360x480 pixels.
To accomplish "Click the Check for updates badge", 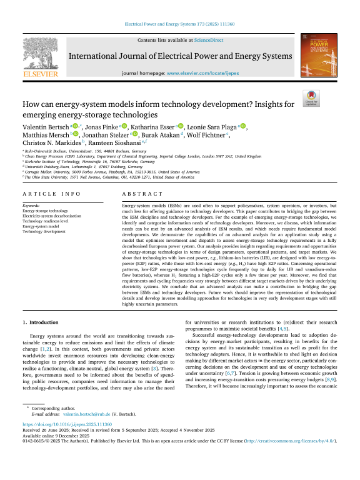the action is [311, 103].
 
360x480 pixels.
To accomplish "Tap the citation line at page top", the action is [180, 24].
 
